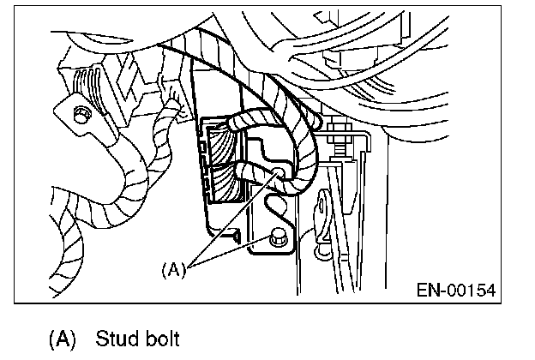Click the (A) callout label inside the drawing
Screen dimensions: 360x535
173,268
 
